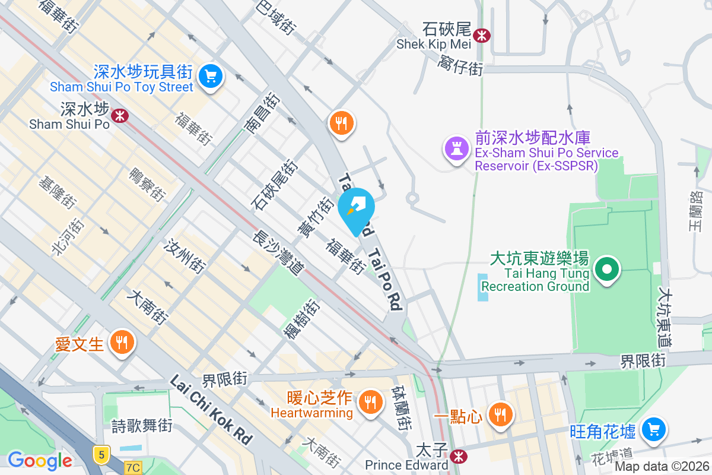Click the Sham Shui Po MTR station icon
click(x=120, y=115)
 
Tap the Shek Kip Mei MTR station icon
click(x=482, y=35)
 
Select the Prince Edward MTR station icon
click(x=457, y=456)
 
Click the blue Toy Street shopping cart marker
click(x=209, y=76)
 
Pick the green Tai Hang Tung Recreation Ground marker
click(x=606, y=270)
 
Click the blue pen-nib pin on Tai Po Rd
click(x=356, y=208)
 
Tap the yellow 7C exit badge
click(x=133, y=468)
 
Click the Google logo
click(x=40, y=460)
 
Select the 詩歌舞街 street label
click(x=142, y=426)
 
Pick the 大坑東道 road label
click(x=665, y=318)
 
